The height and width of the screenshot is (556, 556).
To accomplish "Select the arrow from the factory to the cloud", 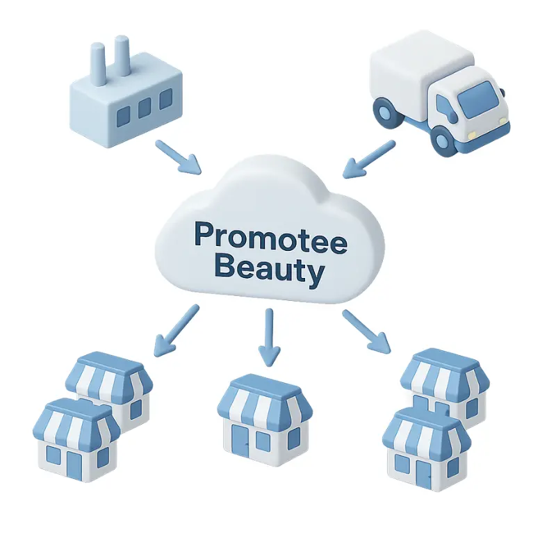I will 177,157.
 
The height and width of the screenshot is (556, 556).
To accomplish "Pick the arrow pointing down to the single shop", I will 269,337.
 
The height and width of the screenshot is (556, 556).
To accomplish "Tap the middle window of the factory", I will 144,107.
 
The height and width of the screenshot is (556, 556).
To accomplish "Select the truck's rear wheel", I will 384,111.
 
